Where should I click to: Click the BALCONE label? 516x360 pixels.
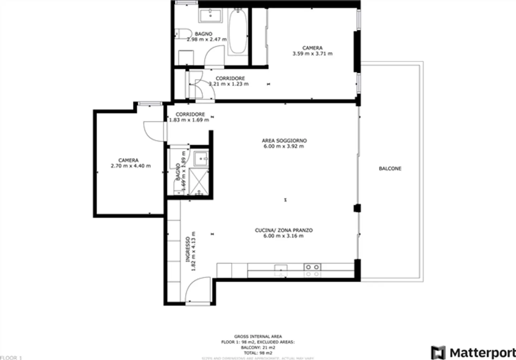390,168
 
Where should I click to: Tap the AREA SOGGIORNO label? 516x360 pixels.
284,141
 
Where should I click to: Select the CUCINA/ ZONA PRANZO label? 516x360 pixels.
283,230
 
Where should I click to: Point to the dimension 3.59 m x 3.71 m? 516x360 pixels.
312,54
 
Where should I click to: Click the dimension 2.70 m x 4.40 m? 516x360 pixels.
130,166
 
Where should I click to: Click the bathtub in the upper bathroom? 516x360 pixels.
237,32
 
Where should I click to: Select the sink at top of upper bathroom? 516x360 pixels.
210,15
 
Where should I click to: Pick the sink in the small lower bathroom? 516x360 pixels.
201,158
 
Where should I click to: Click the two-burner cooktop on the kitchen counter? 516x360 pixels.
312,267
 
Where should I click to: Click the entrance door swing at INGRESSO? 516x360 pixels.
197,290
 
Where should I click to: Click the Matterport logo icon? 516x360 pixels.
438,352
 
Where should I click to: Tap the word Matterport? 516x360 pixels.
482,352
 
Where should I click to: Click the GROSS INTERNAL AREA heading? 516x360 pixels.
258,336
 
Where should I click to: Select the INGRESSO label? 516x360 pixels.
188,249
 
